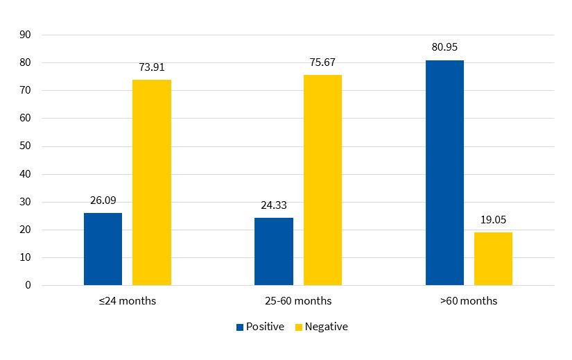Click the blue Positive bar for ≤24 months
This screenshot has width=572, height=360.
[103, 249]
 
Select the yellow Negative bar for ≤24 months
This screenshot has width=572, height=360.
[152, 182]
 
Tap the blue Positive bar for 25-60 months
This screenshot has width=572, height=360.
[274, 251]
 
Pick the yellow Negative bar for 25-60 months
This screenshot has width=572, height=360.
[322, 180]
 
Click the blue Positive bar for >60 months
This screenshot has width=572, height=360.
[444, 173]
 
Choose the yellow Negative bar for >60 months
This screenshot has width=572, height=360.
[493, 259]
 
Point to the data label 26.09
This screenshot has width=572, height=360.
[103, 200]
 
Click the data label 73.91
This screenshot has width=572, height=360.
[152, 67]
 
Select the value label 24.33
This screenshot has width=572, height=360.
[274, 205]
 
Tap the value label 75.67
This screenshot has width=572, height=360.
[322, 62]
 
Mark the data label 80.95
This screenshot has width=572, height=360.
[444, 48]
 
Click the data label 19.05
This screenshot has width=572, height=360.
[493, 220]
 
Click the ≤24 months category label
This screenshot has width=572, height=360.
[128, 301]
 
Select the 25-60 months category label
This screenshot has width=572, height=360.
[298, 301]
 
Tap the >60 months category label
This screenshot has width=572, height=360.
[469, 301]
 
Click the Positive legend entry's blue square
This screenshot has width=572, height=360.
[240, 327]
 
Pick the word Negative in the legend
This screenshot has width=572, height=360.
[326, 327]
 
